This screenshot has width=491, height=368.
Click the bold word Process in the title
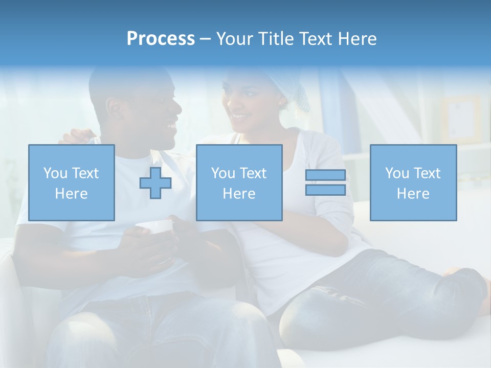pyautogui.click(x=161, y=39)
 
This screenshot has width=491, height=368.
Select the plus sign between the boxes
pyautogui.click(x=155, y=183)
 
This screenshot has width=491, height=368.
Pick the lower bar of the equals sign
pyautogui.click(x=325, y=190)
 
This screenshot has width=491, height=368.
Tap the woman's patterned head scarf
pyautogui.click(x=292, y=87)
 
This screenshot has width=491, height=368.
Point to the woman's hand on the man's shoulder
pyautogui.click(x=77, y=136)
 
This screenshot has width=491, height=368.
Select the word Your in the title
pyautogui.click(x=233, y=39)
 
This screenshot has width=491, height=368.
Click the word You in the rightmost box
pyautogui.click(x=397, y=173)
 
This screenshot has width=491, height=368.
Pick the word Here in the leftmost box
pyautogui.click(x=71, y=194)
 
